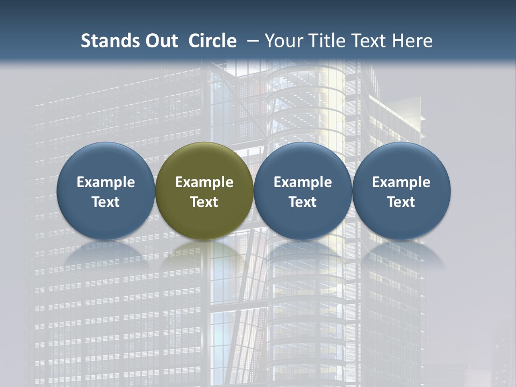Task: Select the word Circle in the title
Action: pos(212,41)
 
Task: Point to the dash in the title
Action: pos(253,41)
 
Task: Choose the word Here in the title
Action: pos(412,41)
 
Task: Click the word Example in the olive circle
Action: pos(204,182)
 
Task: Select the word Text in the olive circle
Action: pos(204,202)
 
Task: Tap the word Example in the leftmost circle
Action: pos(106,182)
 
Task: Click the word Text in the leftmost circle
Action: pos(106,202)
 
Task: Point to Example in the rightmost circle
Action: pos(402,182)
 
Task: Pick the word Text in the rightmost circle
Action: pos(402,202)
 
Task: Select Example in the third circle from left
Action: pos(303,182)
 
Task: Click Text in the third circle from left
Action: pos(303,202)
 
